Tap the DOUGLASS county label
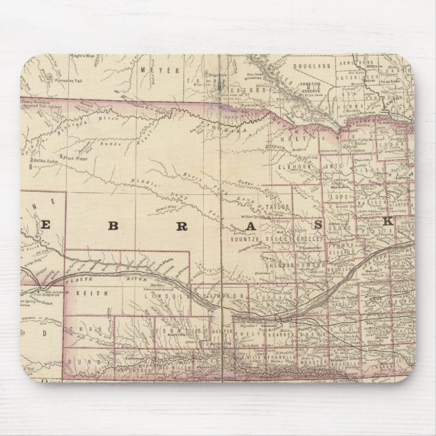click(x=311, y=65)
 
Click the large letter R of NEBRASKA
click(x=181, y=227)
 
